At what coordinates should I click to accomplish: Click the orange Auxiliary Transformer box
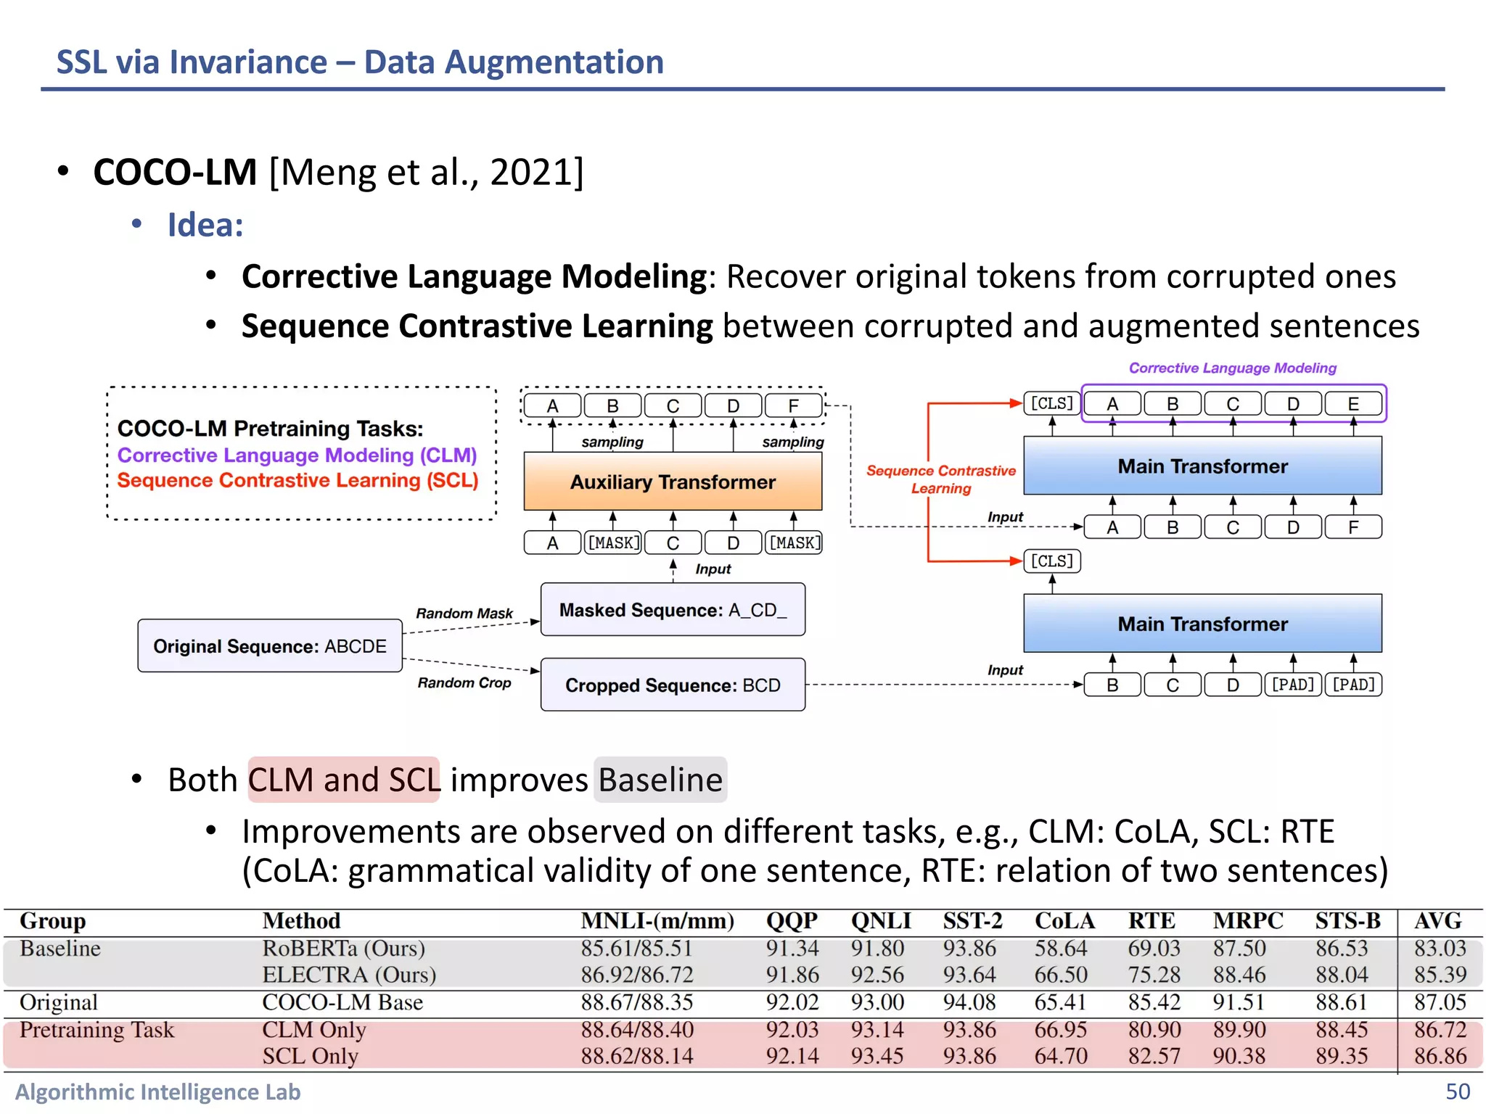(x=673, y=482)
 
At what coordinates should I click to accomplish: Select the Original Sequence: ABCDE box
(x=270, y=645)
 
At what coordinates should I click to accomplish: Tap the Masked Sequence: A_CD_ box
(x=673, y=610)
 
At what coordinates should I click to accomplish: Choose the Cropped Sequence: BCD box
(x=673, y=685)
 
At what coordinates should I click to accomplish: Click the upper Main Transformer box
(x=1202, y=466)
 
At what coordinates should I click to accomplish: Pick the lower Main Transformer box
(x=1202, y=624)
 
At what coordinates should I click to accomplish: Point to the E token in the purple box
(x=1353, y=404)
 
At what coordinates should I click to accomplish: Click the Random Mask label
(x=464, y=614)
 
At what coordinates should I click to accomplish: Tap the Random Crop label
(x=464, y=682)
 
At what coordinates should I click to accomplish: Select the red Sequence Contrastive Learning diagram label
(x=941, y=479)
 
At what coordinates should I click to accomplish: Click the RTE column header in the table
(x=1152, y=921)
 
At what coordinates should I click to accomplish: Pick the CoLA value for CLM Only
(x=1061, y=1029)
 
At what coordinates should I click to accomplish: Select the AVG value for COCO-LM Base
(x=1440, y=1002)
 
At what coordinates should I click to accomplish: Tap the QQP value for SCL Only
(x=792, y=1056)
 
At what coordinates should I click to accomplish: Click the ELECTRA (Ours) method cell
(x=349, y=975)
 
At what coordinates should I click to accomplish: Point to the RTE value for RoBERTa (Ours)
(x=1154, y=948)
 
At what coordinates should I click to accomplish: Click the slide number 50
(x=1458, y=1092)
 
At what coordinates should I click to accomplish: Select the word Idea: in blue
(x=205, y=225)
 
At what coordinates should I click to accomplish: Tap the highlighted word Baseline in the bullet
(x=660, y=780)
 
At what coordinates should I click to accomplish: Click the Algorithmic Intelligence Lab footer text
(x=158, y=1092)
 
